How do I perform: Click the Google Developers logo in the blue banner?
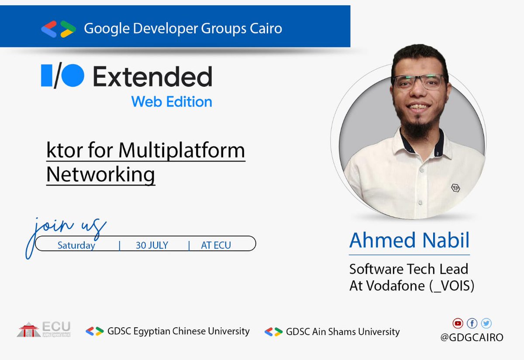[59, 29]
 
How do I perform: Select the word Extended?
[152, 77]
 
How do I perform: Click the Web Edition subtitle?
[172, 102]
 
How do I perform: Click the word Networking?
[100, 174]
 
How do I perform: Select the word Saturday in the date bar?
[76, 245]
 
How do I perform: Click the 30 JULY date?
[152, 245]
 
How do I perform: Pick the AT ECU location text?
[216, 245]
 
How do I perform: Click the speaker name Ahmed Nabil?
[409, 240]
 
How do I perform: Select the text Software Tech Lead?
[408, 269]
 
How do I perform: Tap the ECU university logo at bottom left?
[44, 329]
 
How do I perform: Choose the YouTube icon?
[458, 323]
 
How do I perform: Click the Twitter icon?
[486, 323]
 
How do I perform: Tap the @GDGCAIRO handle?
[472, 337]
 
